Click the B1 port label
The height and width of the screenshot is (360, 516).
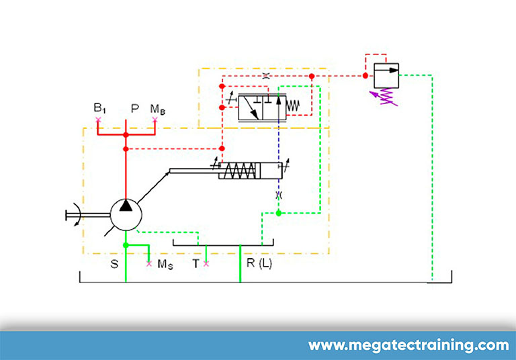click(100, 108)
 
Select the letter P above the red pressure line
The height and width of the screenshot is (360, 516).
click(134, 108)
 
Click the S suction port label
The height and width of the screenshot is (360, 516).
click(114, 263)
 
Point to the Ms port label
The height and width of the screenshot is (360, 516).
click(165, 264)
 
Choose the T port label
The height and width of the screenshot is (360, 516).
click(196, 264)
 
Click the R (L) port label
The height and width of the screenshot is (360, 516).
click(259, 263)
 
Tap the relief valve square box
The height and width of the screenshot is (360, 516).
click(386, 75)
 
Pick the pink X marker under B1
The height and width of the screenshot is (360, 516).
click(98, 120)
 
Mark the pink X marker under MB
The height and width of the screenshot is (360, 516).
click(155, 120)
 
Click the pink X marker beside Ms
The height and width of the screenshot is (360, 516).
click(150, 263)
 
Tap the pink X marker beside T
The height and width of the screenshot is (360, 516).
click(206, 263)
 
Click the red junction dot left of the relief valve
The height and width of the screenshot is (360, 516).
click(365, 76)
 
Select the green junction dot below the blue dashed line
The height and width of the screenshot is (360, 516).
click(278, 213)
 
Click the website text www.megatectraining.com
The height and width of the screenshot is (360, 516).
click(408, 346)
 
